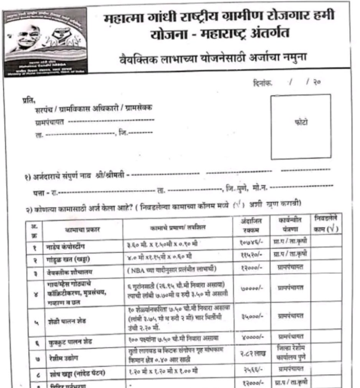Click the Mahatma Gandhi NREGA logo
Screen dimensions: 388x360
[x=45, y=41]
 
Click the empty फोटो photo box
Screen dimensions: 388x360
[x=301, y=126]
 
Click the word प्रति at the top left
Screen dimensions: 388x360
[x=28, y=101]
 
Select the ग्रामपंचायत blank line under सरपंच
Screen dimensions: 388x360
[x=111, y=122]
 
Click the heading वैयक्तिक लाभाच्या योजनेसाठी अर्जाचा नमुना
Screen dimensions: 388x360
[x=213, y=59]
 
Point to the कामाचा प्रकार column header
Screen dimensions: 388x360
[x=82, y=229]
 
